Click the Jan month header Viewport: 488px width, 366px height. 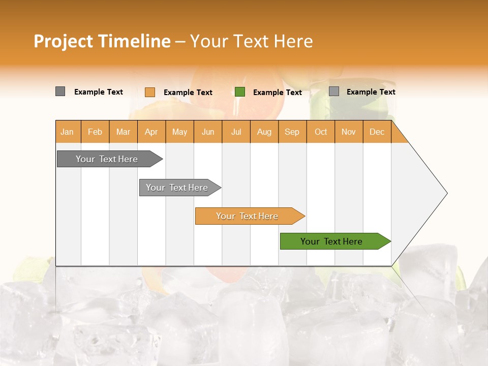pyautogui.click(x=67, y=132)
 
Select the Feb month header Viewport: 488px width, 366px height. pyautogui.click(x=95, y=132)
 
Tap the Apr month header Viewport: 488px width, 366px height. pyautogui.click(x=151, y=132)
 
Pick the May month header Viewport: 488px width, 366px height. pyautogui.click(x=179, y=132)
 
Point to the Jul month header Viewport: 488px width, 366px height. pyautogui.click(x=236, y=132)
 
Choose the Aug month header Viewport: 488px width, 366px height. pyautogui.click(x=264, y=132)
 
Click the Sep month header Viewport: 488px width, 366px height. pyautogui.click(x=292, y=132)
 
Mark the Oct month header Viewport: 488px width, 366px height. pyautogui.click(x=321, y=132)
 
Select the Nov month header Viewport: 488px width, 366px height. pyautogui.click(x=349, y=132)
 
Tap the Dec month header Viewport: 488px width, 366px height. pyautogui.click(x=377, y=132)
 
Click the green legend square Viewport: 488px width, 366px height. pyautogui.click(x=240, y=92)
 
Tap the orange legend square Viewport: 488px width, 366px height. pyautogui.click(x=150, y=92)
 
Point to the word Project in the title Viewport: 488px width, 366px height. pyautogui.click(x=63, y=41)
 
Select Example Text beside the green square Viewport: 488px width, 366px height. pyautogui.click(x=277, y=93)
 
